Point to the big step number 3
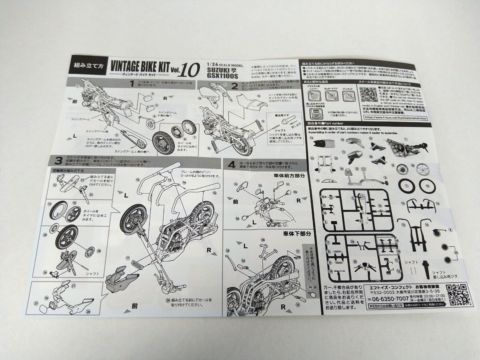click(59, 161)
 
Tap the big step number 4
click(231, 165)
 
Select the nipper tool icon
click(314, 96)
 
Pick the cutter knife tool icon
click(332, 96)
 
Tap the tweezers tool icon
click(348, 96)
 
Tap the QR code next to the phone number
click(456, 295)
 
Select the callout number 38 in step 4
click(263, 240)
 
